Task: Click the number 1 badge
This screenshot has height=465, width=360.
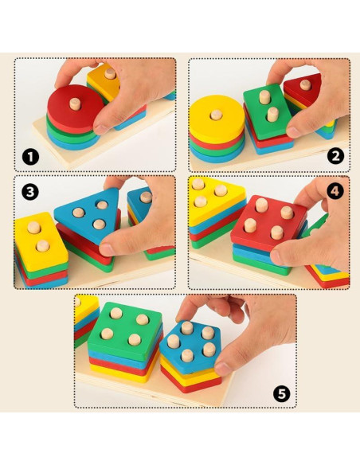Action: click(30, 157)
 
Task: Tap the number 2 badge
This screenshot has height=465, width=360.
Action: click(335, 156)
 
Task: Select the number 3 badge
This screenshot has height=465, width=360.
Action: click(30, 192)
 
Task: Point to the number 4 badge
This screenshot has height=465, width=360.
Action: click(335, 191)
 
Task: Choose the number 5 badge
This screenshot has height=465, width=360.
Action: click(281, 394)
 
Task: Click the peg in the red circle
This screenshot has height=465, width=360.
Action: click(75, 104)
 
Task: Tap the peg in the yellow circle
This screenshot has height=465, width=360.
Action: click(216, 115)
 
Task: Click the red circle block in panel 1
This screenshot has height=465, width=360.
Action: click(74, 108)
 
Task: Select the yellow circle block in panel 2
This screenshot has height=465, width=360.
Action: click(217, 119)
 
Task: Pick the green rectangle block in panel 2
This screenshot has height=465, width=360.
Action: click(267, 111)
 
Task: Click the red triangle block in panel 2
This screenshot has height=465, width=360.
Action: click(304, 89)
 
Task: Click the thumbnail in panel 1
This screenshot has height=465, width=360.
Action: click(100, 129)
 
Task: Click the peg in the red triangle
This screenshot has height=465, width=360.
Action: click(305, 85)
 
